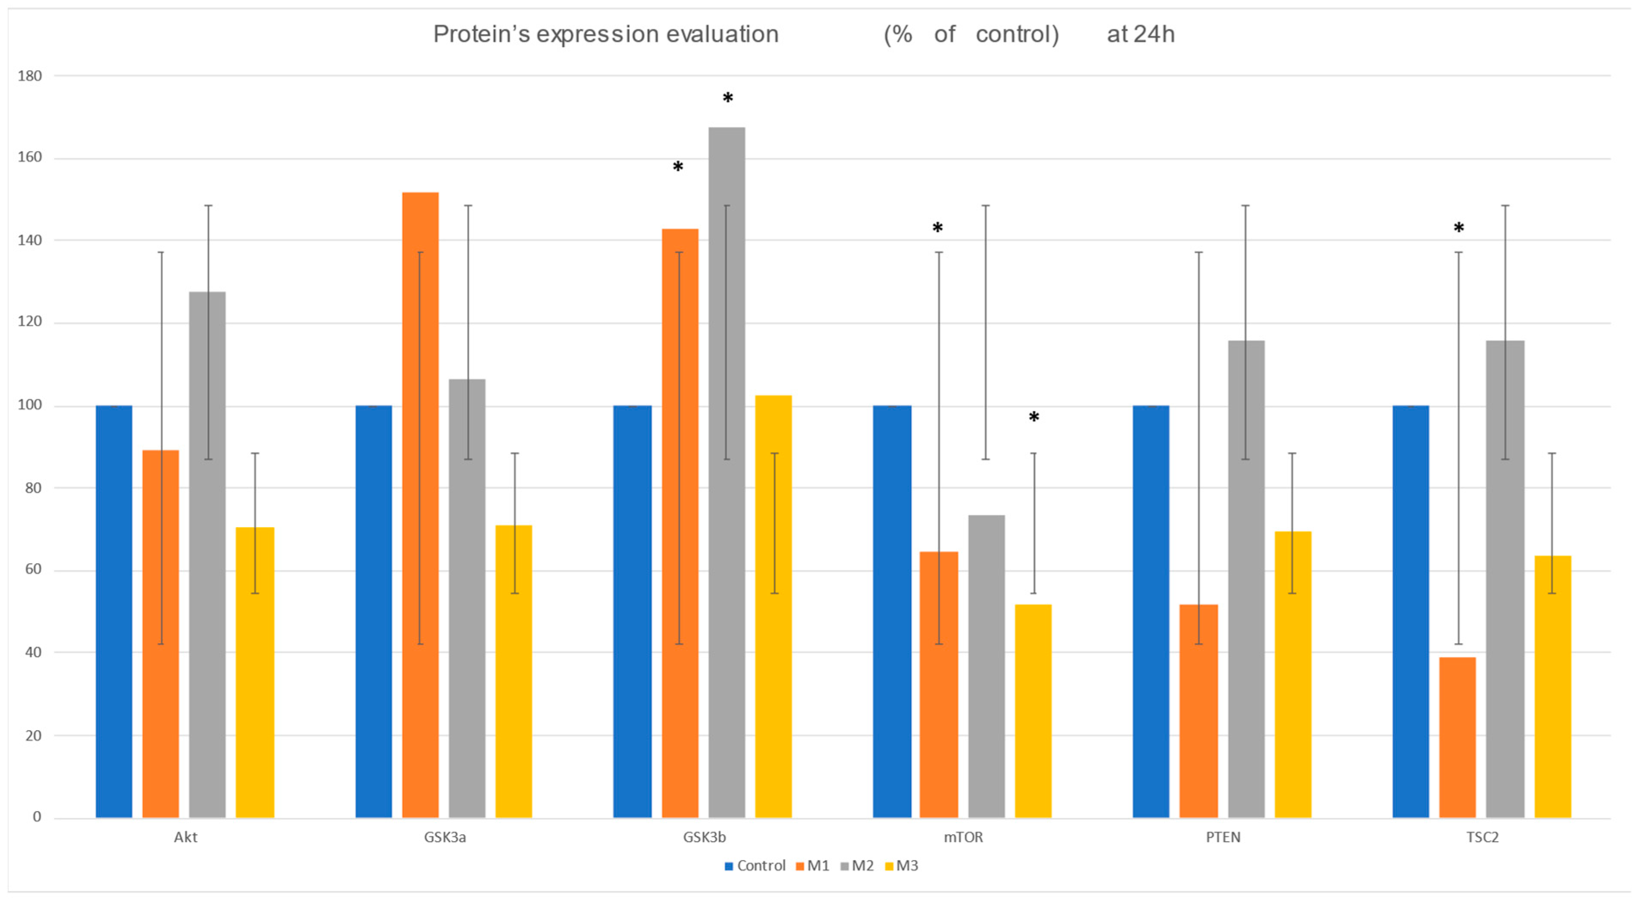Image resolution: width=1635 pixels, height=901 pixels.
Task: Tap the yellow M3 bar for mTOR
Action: tap(1033, 710)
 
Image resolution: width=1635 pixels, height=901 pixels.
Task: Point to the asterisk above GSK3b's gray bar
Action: tap(728, 99)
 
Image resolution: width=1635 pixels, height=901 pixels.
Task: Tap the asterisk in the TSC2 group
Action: tap(1459, 228)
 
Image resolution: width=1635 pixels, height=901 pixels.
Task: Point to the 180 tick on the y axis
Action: tap(29, 76)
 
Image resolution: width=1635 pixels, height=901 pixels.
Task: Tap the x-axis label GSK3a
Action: tap(445, 837)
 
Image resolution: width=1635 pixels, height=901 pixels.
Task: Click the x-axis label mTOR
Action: tap(963, 837)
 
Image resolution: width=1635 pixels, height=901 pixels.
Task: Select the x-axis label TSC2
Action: tap(1482, 837)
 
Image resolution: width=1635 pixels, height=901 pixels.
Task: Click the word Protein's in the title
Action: tap(481, 34)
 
